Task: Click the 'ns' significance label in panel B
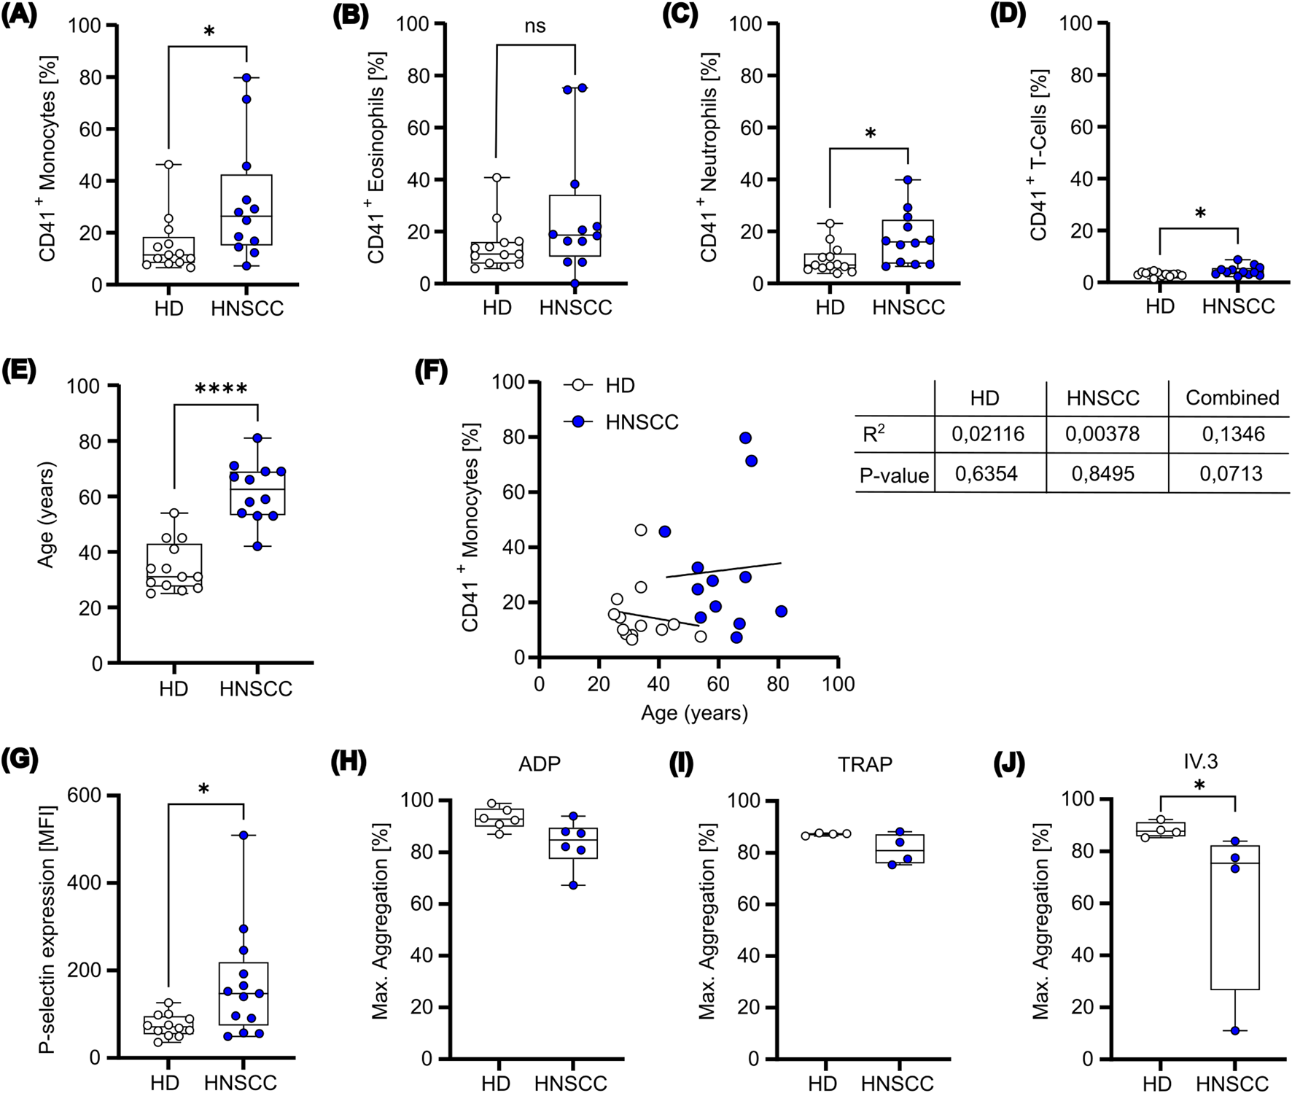534,26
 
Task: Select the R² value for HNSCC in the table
1102,435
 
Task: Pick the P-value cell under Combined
1231,474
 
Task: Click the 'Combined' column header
1231,397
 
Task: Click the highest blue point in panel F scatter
745,438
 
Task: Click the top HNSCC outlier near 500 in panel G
244,836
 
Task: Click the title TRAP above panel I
864,764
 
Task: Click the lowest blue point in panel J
1234,1031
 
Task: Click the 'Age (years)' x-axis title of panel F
694,712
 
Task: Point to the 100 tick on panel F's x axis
838,684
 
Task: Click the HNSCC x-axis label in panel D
1238,306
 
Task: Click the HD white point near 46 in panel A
168,165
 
